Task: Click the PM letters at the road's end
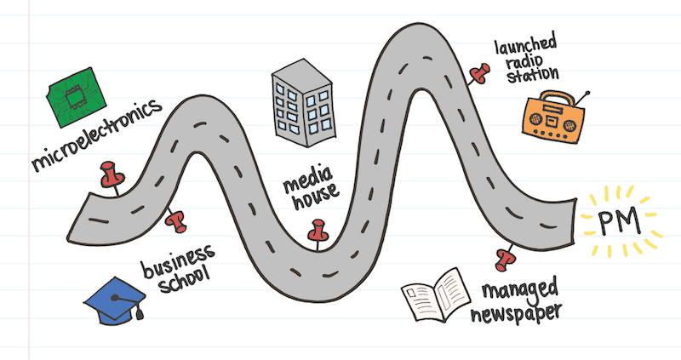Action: [x=619, y=224]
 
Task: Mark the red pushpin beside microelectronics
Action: [x=110, y=175]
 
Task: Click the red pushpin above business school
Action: [x=176, y=222]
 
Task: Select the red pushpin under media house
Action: [x=318, y=232]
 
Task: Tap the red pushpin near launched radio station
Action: [x=478, y=73]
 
